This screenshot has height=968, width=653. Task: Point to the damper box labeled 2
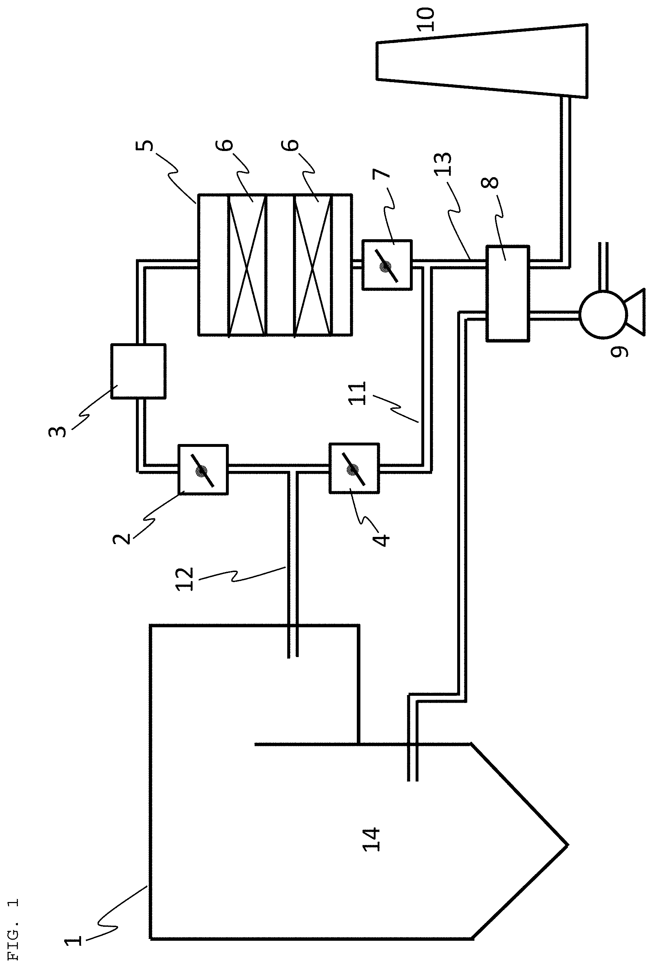point(203,469)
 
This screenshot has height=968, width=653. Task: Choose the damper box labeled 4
point(354,469)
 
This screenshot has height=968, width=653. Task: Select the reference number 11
point(358,392)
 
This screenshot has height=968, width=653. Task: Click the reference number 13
point(443,164)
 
